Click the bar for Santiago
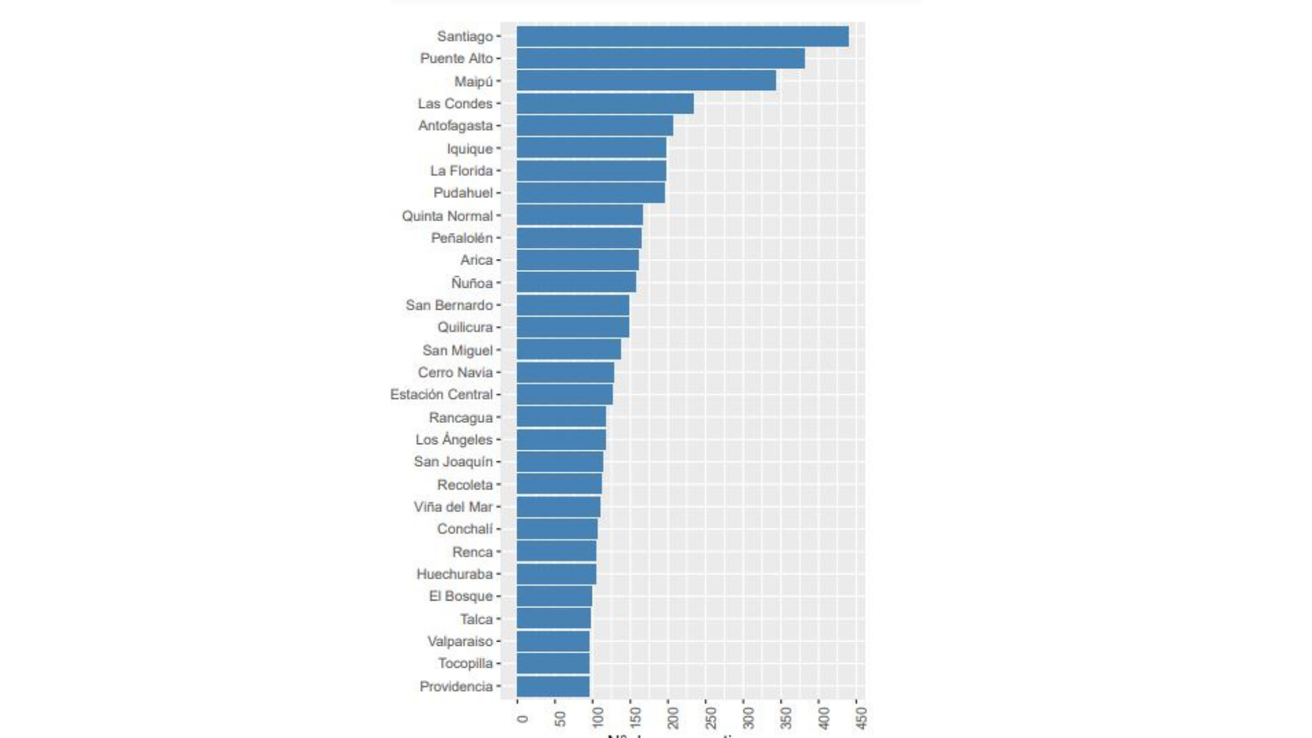tap(682, 36)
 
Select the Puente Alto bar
tap(660, 59)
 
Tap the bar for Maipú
tap(646, 81)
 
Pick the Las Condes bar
tap(605, 104)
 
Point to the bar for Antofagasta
tap(594, 126)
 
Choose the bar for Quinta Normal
tap(579, 215)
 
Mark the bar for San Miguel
tap(569, 350)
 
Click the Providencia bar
tap(553, 686)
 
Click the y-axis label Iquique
tap(469, 149)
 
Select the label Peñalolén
tap(462, 238)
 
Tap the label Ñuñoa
tap(471, 283)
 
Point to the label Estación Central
tap(441, 394)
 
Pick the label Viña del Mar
tap(453, 507)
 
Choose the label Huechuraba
tap(454, 574)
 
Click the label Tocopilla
tap(465, 664)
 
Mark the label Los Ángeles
tap(454, 439)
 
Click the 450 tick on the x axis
tap(862, 717)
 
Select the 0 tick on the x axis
tap(523, 718)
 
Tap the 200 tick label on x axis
tap(673, 717)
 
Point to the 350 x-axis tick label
tap(787, 717)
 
